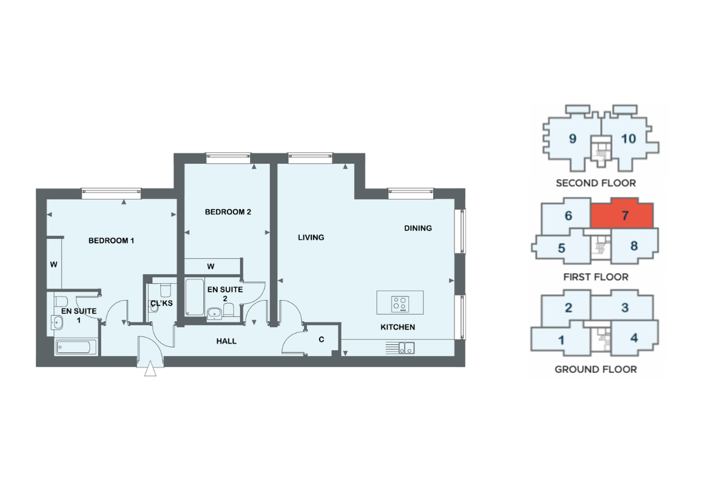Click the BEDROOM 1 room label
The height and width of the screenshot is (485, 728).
[x=111, y=241]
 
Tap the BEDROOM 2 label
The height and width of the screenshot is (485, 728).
[x=228, y=212]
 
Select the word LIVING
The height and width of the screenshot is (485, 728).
[x=311, y=238]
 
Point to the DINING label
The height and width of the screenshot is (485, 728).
[x=418, y=229]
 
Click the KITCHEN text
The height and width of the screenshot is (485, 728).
[x=398, y=327]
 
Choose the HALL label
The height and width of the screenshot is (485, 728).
[x=226, y=341]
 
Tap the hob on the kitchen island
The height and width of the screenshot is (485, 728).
[x=400, y=304]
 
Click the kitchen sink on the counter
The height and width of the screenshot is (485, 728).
[x=406, y=348]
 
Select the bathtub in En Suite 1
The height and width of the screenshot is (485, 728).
[x=76, y=347]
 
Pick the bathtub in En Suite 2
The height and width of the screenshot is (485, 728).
[x=195, y=297]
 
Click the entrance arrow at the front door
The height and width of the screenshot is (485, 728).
[x=150, y=369]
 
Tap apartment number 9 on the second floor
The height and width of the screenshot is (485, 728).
[x=573, y=139]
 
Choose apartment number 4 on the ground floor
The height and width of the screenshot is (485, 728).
[x=634, y=338]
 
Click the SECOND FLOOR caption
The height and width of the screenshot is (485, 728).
[x=596, y=183]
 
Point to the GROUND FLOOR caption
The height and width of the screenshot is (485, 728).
[x=596, y=369]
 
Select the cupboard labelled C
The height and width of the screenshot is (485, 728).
[x=322, y=339]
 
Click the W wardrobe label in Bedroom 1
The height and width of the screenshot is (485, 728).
[x=54, y=265]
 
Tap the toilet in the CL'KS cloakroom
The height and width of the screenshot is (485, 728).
[x=166, y=290]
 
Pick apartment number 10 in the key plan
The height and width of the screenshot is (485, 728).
[x=629, y=139]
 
